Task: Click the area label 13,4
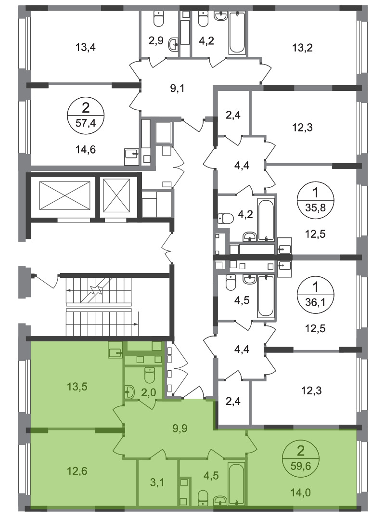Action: tap(86, 47)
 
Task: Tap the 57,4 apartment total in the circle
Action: tap(86, 123)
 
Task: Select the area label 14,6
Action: tap(86, 150)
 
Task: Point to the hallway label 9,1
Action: tap(177, 89)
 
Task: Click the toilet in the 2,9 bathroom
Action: tap(159, 19)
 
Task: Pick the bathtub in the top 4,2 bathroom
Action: tap(237, 33)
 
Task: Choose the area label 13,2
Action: tap(302, 47)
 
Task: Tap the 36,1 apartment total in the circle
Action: tap(315, 302)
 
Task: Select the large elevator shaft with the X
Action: tap(64, 195)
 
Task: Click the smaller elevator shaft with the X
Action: tap(116, 195)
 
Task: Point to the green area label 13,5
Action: tap(77, 386)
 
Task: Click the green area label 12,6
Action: tap(77, 470)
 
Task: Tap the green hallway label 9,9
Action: tap(180, 428)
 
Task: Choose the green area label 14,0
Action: tap(301, 493)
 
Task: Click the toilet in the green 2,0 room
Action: tap(150, 375)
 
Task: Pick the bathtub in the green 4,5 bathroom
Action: tap(236, 484)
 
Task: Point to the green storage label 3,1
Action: tap(157, 482)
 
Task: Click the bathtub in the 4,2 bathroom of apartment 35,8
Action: tap(266, 220)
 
